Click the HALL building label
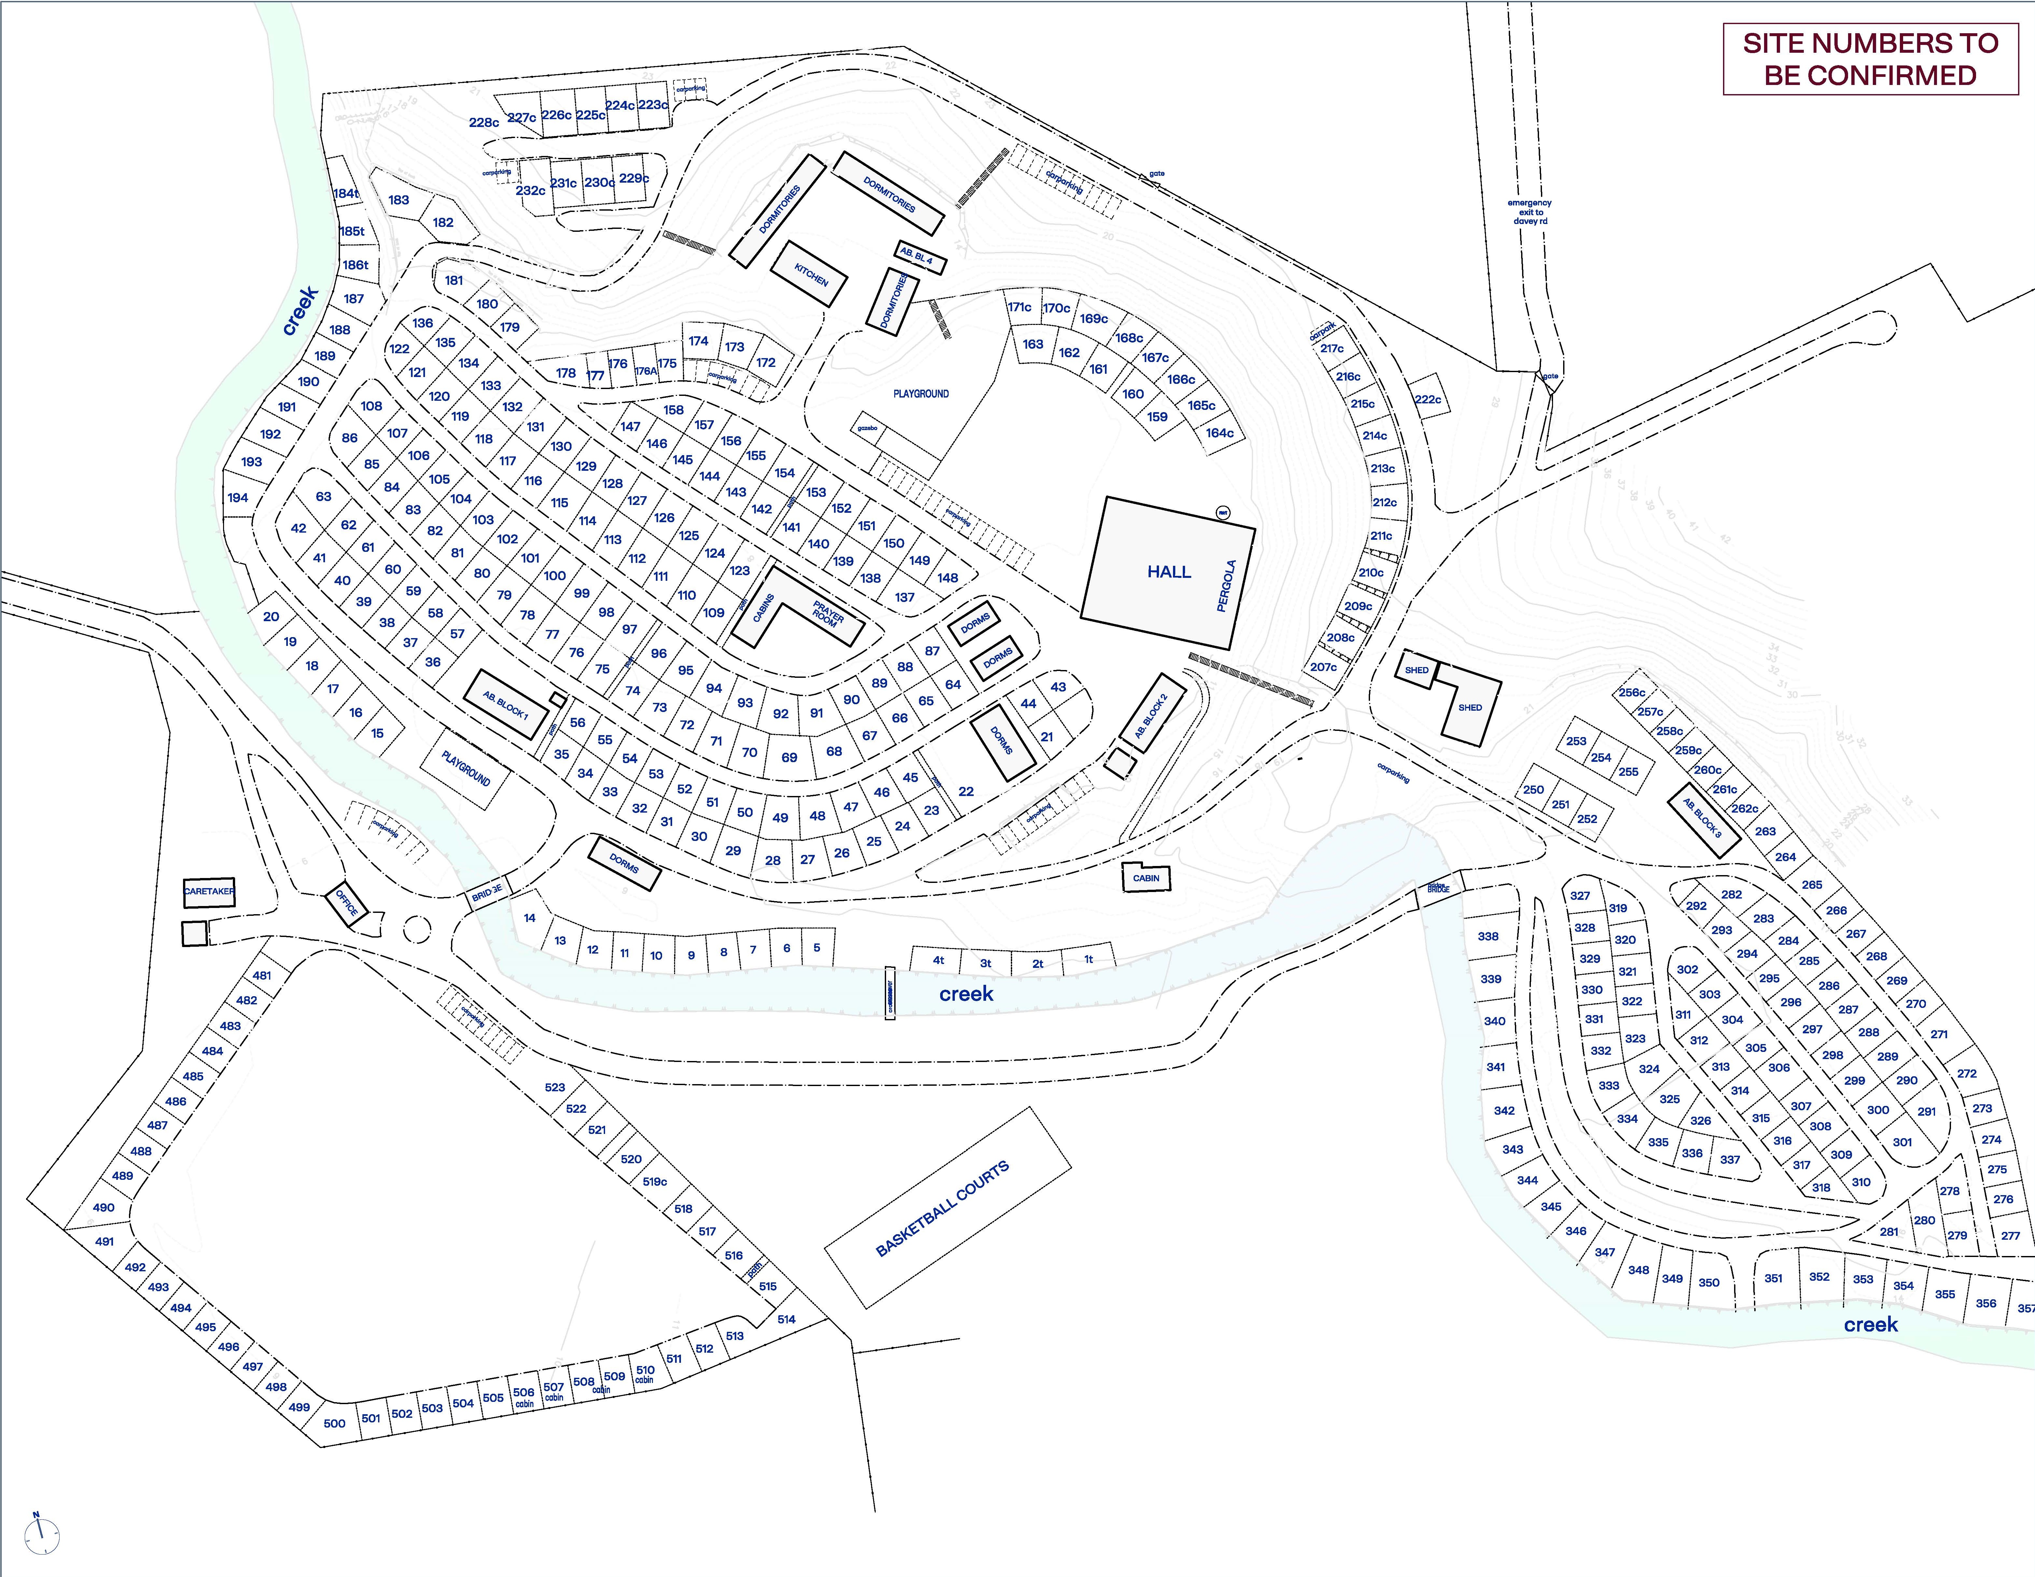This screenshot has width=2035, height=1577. (x=1168, y=572)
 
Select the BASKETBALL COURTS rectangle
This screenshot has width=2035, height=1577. (x=943, y=1208)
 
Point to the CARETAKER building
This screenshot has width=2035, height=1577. (x=209, y=891)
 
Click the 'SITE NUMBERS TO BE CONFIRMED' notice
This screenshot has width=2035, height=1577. (x=1870, y=60)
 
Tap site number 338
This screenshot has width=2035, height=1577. (x=1488, y=936)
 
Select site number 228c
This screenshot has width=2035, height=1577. (x=484, y=122)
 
